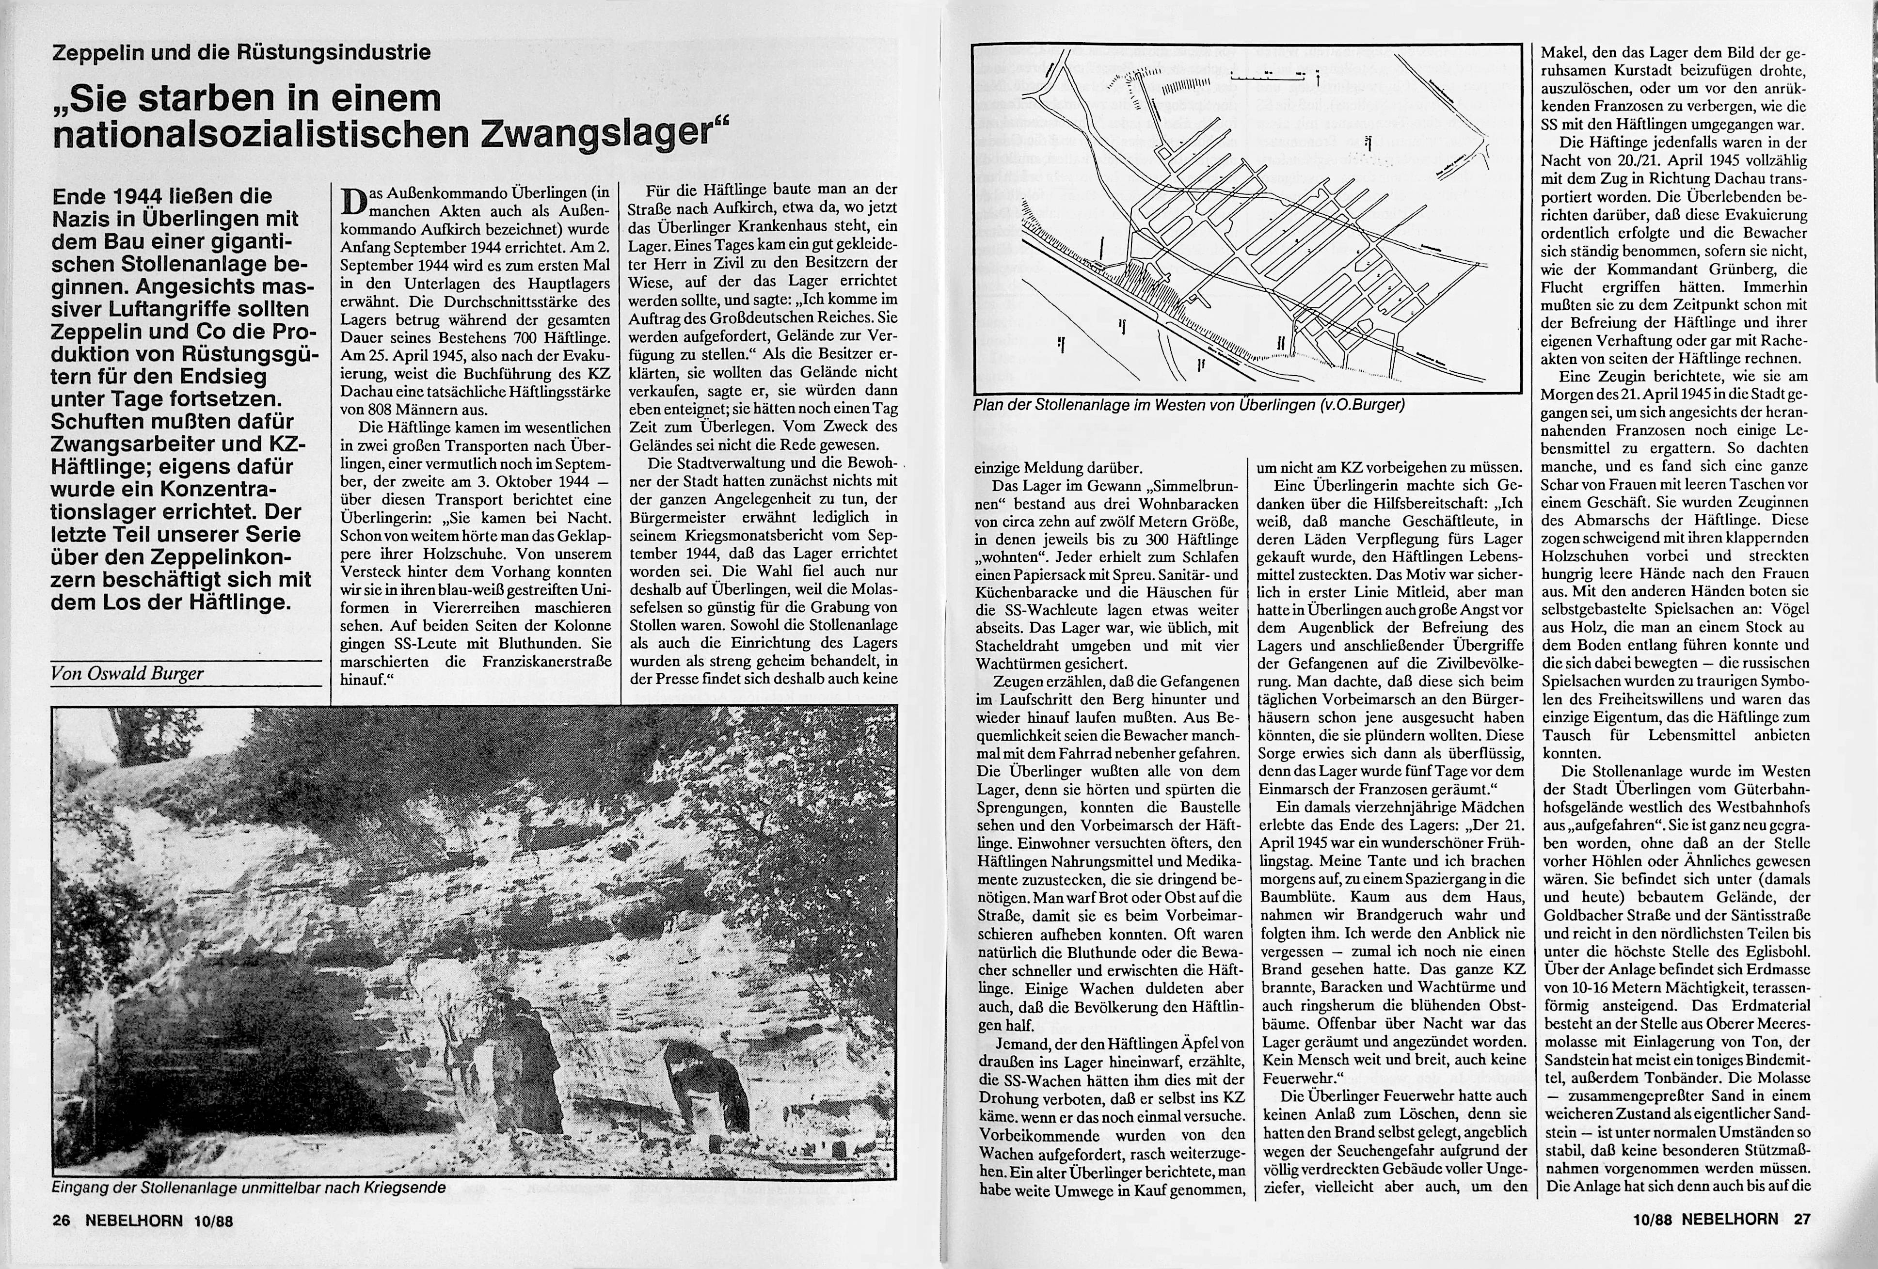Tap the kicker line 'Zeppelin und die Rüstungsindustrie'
pyautogui.click(x=241, y=53)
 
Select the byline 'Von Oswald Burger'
pyautogui.click(x=127, y=673)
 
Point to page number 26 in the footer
pyautogui.click(x=62, y=1221)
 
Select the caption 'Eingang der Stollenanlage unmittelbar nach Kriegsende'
pyautogui.click(x=249, y=1188)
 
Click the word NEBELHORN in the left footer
pyautogui.click(x=134, y=1221)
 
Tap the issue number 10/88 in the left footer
pyautogui.click(x=213, y=1221)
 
